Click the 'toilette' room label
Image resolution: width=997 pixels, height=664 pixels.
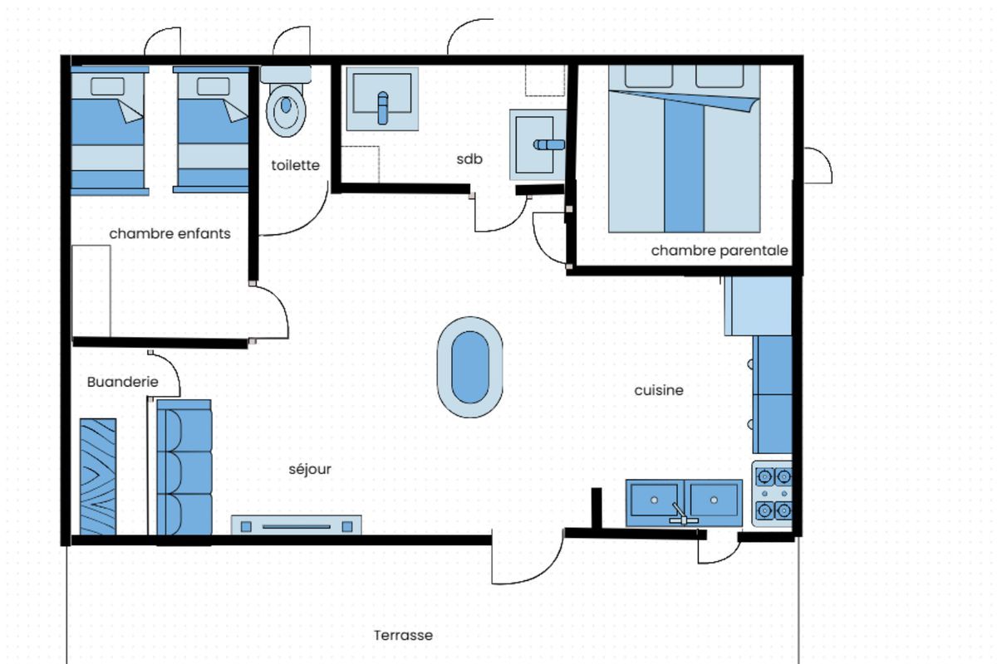pos(296,165)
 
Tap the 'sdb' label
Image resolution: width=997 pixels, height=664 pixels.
pos(469,159)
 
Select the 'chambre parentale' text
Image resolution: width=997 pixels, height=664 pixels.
pos(720,251)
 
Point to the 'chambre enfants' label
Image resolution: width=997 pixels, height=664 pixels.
pos(169,233)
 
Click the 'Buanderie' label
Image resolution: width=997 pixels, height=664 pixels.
pos(122,382)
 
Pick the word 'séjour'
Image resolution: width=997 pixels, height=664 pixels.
pos(310,469)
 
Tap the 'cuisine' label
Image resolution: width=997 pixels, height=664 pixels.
pos(659,390)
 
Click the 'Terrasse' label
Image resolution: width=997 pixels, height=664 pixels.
pos(403,635)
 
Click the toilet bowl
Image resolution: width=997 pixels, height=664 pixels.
pos(286,110)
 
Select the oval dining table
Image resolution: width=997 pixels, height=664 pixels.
pos(470,367)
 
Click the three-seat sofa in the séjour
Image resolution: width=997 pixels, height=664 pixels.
pos(184,467)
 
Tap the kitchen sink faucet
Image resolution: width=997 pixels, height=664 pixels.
pos(681,514)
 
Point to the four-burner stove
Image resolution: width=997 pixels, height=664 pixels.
pos(772,494)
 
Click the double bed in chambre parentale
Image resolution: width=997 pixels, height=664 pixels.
pos(684,149)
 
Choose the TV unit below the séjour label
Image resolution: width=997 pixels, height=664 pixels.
pos(297,525)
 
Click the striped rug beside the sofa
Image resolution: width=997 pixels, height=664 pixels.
pos(98,476)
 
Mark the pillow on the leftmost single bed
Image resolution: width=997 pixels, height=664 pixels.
pos(107,86)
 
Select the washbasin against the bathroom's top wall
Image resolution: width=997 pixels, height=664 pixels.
pos(382,99)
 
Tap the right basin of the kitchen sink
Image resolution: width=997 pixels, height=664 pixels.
pos(714,500)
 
